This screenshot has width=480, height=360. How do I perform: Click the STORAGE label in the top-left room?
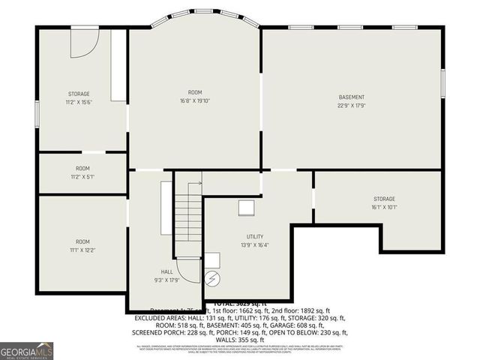pos(79,94)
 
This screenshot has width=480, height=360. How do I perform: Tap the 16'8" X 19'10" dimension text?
pos(195,101)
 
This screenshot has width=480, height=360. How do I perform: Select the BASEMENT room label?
pos(351,97)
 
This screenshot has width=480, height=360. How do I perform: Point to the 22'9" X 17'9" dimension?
pos(351,106)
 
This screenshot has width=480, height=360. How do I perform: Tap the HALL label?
pos(166,271)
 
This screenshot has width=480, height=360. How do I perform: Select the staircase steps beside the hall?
pos(188,217)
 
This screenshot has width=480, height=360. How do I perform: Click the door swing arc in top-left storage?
pos(84,43)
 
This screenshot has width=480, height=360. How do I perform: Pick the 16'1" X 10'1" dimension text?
pos(384,208)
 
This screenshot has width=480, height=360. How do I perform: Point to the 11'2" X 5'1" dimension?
pos(82,177)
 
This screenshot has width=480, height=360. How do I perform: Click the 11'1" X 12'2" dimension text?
pos(82,250)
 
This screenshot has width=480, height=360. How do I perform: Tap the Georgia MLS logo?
pos(27,350)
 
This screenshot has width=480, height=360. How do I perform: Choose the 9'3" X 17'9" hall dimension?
pos(166,280)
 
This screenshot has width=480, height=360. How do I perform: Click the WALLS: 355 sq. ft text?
pos(240,340)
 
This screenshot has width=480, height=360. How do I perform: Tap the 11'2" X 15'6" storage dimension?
pos(79,103)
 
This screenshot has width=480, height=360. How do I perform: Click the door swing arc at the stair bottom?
pos(192,272)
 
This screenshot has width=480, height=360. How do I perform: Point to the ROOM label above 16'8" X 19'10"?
pos(195,92)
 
